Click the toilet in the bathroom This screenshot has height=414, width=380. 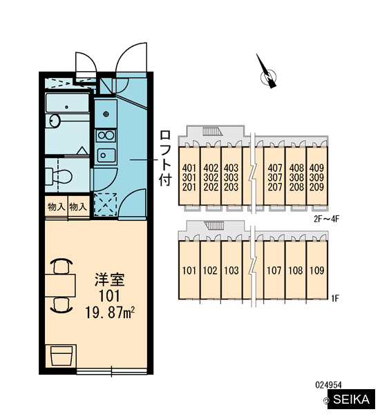coord(59,175)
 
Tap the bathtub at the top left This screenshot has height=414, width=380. coord(67,103)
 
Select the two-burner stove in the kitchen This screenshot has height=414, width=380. coord(106,136)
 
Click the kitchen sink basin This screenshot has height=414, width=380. coord(106,155)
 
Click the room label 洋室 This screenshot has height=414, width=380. coord(109,279)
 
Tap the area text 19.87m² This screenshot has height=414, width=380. coord(110,313)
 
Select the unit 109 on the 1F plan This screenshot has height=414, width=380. coord(317,270)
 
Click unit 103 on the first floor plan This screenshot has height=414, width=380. coord(231,270)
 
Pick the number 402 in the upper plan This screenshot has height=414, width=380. coord(211,168)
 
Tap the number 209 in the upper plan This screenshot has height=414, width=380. coord(316,187)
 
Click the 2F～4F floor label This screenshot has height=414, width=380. coord(326,219)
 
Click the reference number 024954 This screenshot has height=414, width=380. coord(328,385)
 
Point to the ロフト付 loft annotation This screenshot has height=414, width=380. coord(165,158)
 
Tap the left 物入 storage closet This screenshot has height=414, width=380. coord(57,207)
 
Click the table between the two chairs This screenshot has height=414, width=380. coord(60,285)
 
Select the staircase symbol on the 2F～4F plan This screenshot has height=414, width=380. coord(213,131)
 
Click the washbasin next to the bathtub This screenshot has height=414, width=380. coord(55,121)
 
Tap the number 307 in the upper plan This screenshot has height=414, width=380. coord(275,177)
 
